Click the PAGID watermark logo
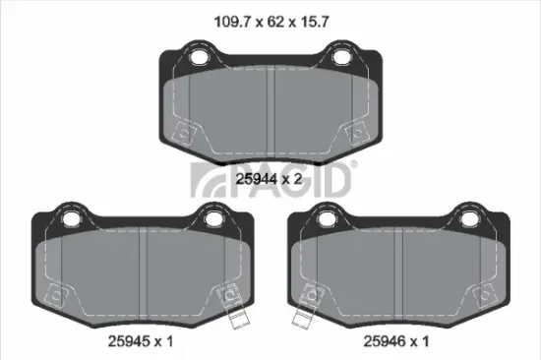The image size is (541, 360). point(270,180)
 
